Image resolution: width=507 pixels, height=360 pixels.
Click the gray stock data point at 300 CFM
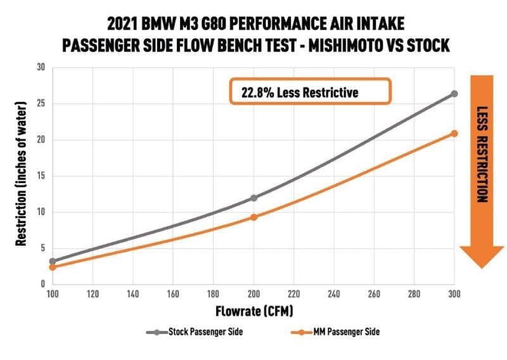[x=454, y=94]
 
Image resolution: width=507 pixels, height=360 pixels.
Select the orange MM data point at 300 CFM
[x=454, y=133]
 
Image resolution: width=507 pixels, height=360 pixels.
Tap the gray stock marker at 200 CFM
[x=253, y=198]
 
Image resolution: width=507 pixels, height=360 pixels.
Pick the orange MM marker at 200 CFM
[x=253, y=217]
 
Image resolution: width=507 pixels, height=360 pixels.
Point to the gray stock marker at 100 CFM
[x=53, y=261]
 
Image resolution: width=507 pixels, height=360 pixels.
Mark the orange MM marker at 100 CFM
[x=53, y=267]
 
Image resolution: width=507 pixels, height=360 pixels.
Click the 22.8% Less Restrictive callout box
[x=309, y=93]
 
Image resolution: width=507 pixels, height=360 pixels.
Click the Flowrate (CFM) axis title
[x=253, y=311]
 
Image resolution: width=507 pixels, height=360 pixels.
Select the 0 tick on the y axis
[x=42, y=285]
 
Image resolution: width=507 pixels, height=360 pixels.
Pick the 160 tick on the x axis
[x=173, y=295]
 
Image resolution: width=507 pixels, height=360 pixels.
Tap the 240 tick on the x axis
[x=333, y=295]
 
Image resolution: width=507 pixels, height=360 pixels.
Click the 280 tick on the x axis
[x=414, y=295]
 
